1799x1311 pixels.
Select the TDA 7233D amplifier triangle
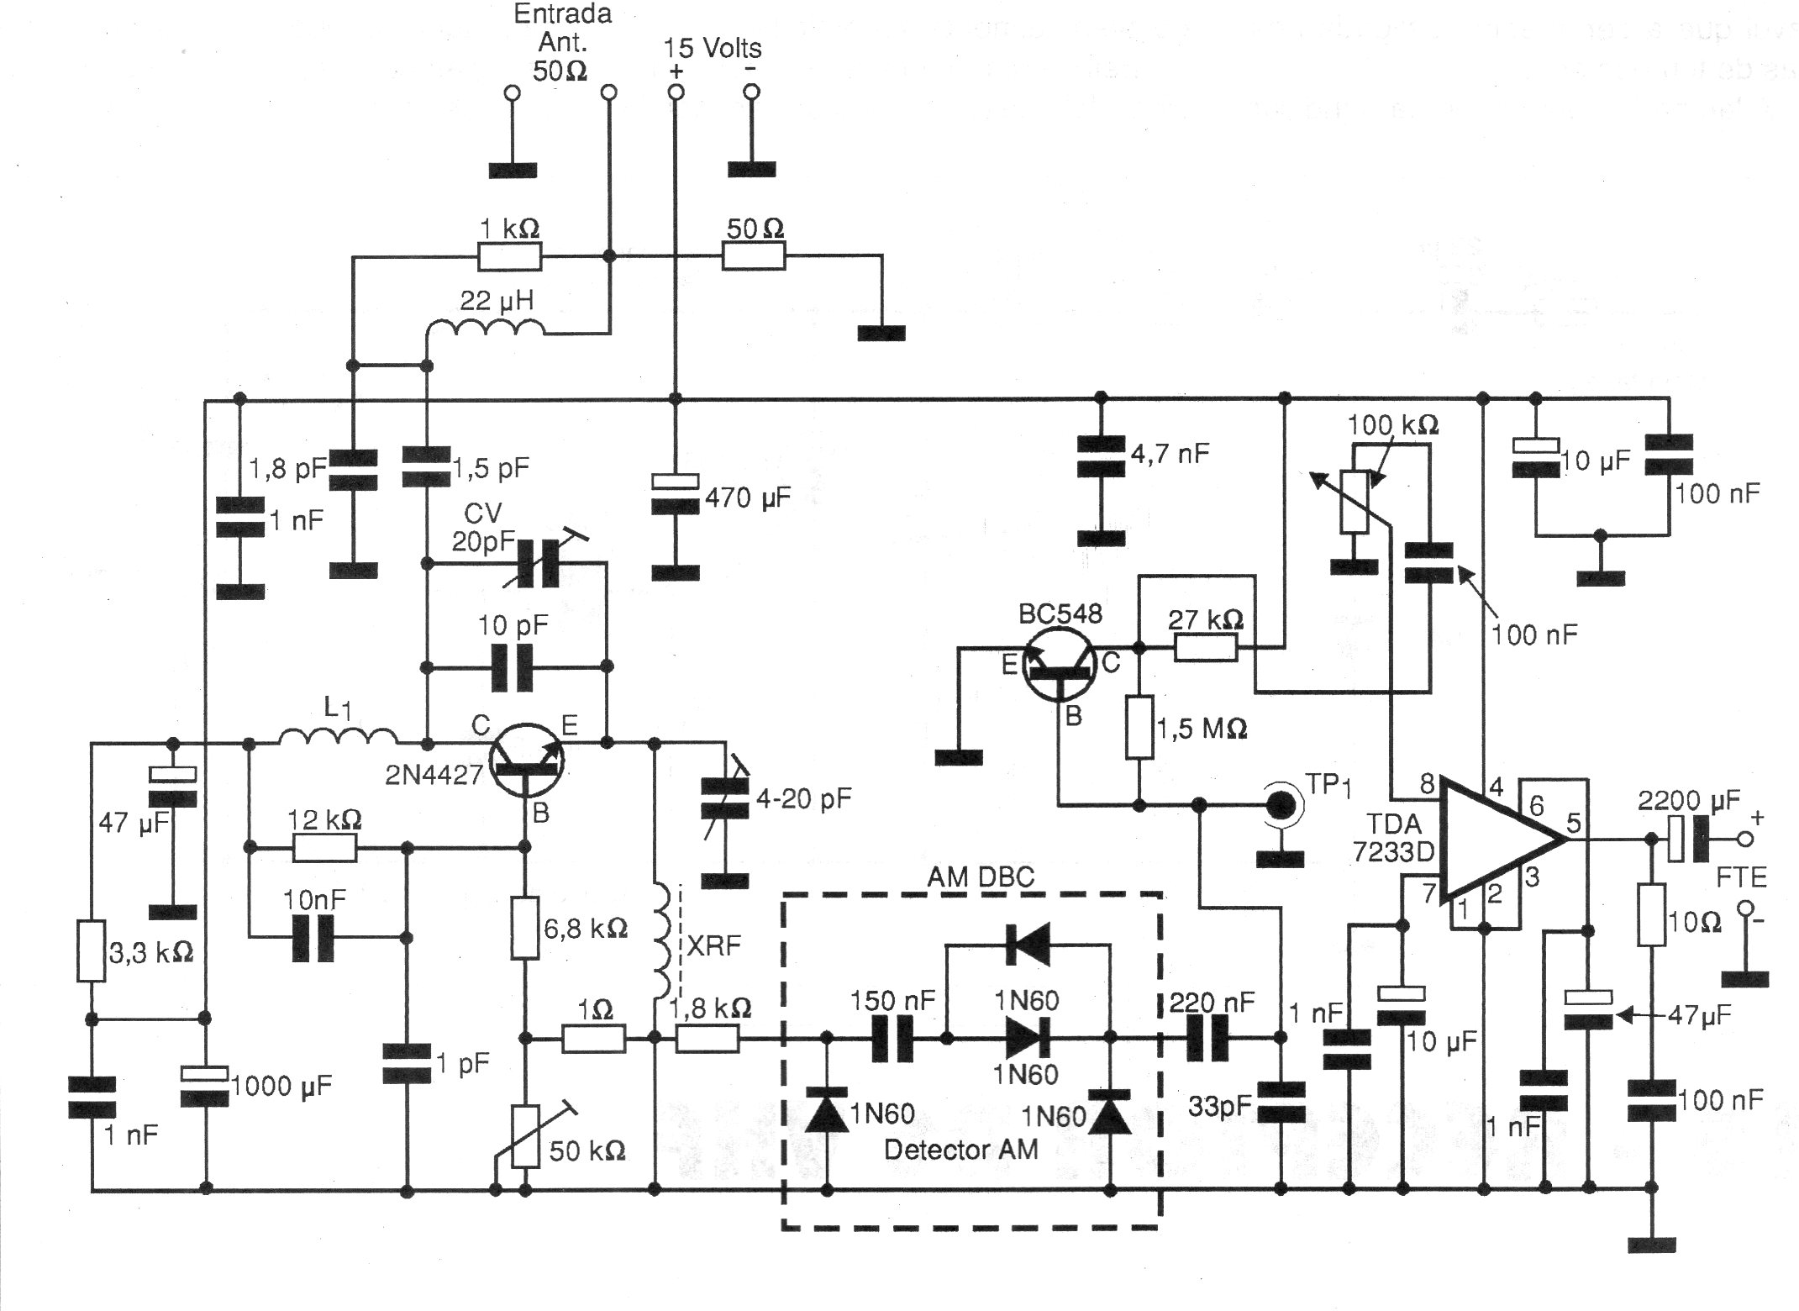[1504, 840]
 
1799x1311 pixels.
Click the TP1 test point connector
[1281, 805]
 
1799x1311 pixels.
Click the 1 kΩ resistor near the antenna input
[510, 256]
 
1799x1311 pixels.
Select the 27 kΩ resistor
[1206, 648]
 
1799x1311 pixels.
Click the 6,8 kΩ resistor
[525, 928]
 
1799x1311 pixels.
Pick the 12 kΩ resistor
[324, 849]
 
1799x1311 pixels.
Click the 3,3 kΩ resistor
[91, 950]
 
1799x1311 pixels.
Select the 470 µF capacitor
[676, 493]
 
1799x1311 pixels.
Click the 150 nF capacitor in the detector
[892, 1039]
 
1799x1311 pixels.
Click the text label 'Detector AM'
[960, 1149]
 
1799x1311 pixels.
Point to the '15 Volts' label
[713, 48]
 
